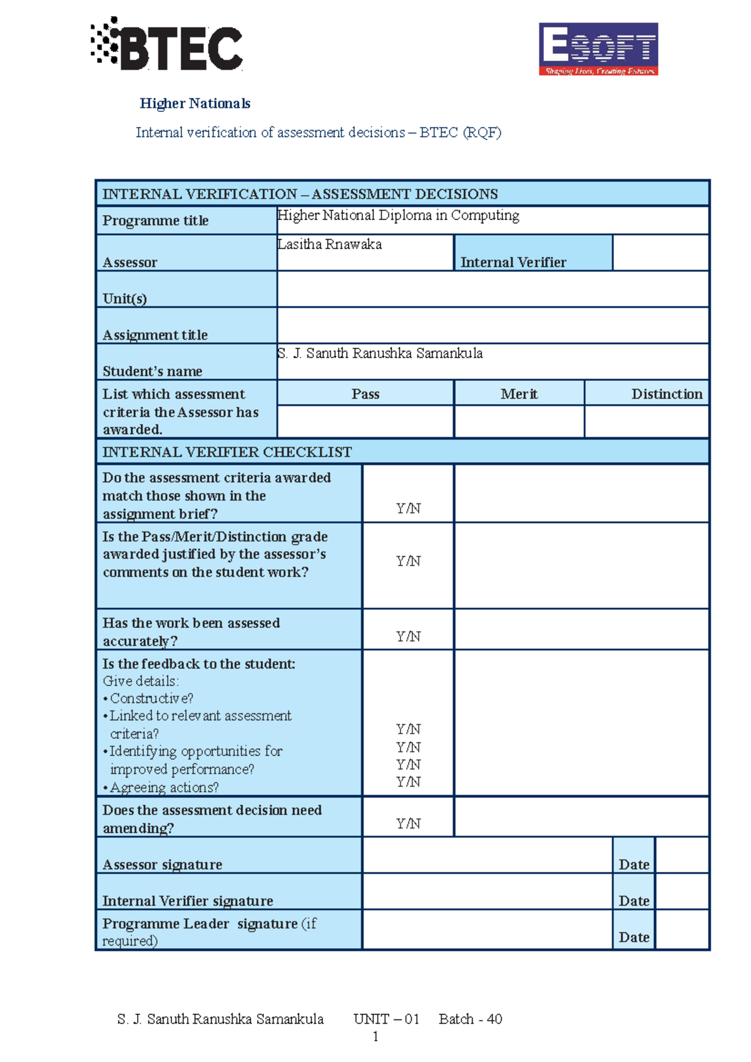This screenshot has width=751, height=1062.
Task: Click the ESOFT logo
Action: [598, 49]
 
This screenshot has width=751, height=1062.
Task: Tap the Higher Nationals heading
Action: [195, 103]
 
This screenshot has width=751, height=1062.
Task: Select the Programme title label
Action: [155, 221]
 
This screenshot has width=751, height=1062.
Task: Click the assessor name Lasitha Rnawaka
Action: [330, 245]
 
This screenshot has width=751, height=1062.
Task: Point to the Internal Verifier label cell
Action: [513, 262]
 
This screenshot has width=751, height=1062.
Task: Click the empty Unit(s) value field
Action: [493, 289]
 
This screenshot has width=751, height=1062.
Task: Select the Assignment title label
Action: [155, 335]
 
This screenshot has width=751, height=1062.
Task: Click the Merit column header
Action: [519, 393]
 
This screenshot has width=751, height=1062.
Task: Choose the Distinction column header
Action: [667, 393]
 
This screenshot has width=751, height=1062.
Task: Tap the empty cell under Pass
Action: [365, 421]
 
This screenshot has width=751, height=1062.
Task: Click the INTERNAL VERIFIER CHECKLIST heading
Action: [227, 452]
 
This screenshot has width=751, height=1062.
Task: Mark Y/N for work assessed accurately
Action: [408, 636]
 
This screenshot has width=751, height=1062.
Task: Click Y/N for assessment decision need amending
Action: [408, 823]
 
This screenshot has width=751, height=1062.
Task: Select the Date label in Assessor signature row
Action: [633, 864]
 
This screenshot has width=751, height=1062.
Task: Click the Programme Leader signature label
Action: [200, 924]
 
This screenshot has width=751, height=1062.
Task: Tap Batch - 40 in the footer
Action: [470, 1019]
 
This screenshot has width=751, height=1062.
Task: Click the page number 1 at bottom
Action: [375, 1036]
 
